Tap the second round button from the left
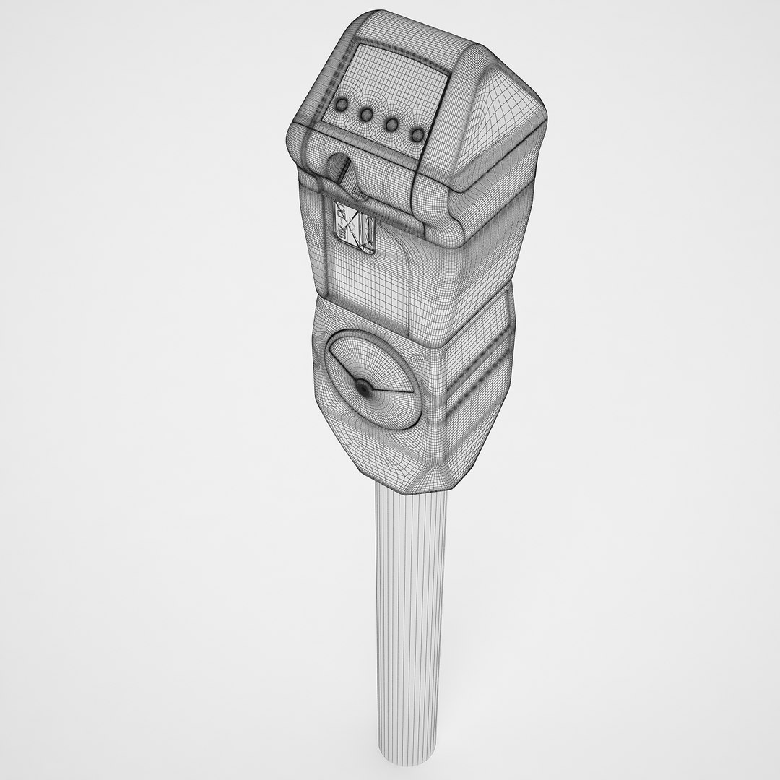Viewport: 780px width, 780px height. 366,114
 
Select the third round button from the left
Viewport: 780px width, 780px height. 391,123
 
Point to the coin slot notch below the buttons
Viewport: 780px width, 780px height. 337,166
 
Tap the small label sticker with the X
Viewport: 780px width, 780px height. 354,227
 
